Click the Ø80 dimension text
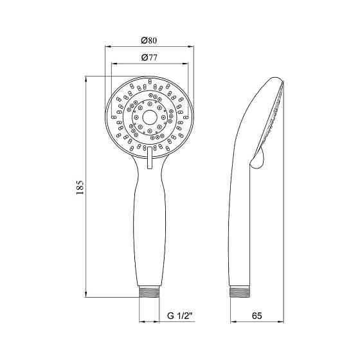click(149, 40)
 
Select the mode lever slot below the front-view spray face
click(149, 158)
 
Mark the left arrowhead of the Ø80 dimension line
click(107, 46)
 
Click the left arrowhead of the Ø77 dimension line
click(113, 64)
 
